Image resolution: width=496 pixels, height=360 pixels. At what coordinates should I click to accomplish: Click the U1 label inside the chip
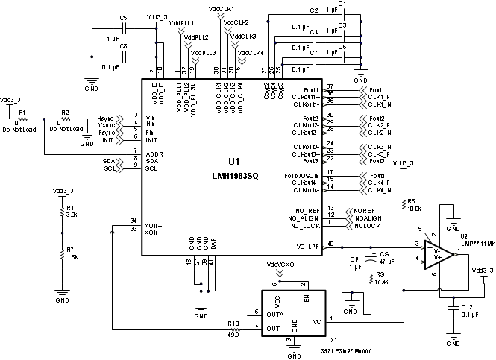[233, 161]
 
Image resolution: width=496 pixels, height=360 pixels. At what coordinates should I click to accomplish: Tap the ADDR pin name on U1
[154, 154]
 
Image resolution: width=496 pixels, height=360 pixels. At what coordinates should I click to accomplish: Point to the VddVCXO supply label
[280, 265]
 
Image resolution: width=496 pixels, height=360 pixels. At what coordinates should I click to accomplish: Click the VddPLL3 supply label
[204, 53]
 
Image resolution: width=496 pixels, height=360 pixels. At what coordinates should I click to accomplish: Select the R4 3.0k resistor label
[71, 211]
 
